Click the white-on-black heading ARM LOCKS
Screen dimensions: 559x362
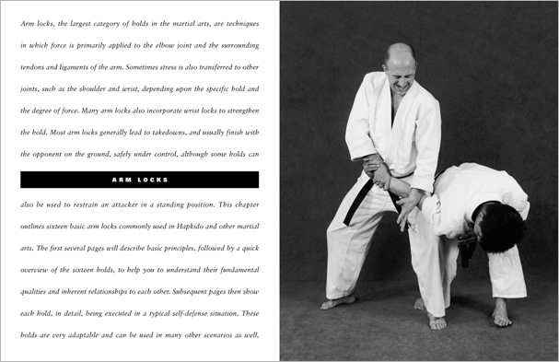point(139,179)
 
